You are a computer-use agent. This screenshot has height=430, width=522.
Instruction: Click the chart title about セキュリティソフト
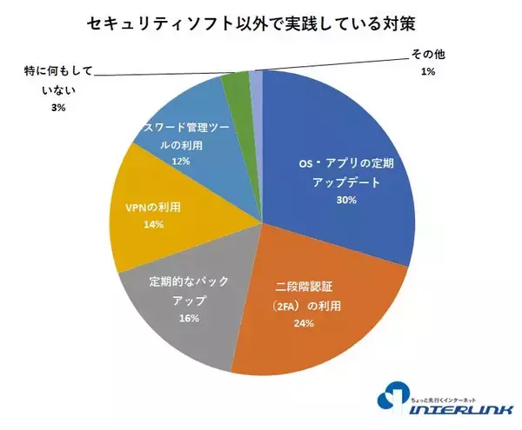click(261, 23)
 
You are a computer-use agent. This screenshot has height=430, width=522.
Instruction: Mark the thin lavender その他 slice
click(256, 80)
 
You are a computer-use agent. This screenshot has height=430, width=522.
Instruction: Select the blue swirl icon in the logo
click(392, 394)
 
